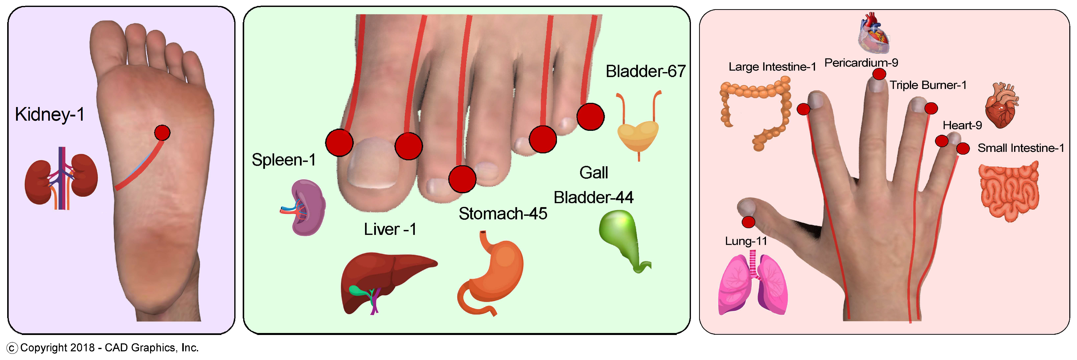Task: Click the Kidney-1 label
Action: pyautogui.click(x=50, y=114)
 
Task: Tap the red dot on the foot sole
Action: pyautogui.click(x=162, y=133)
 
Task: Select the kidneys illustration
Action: pyautogui.click(x=61, y=179)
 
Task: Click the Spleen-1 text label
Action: pyautogui.click(x=284, y=160)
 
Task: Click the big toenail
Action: pyautogui.click(x=372, y=163)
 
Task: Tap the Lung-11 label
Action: pyautogui.click(x=746, y=241)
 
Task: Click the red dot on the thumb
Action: pyautogui.click(x=748, y=222)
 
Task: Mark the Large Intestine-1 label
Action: pyautogui.click(x=772, y=67)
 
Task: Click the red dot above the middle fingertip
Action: pyautogui.click(x=879, y=74)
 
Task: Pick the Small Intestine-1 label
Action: pyautogui.click(x=1021, y=148)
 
